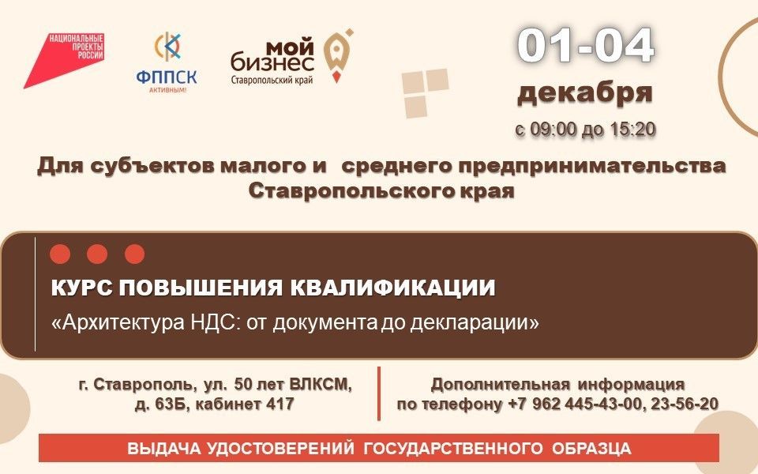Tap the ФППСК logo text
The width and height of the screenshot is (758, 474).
click(167, 77)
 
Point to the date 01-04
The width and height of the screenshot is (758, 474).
click(585, 47)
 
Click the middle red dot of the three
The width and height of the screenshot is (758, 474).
click(97, 254)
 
